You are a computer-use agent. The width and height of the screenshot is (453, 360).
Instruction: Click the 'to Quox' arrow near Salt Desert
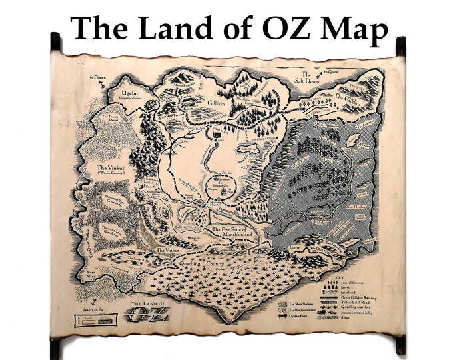[x=327, y=73]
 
